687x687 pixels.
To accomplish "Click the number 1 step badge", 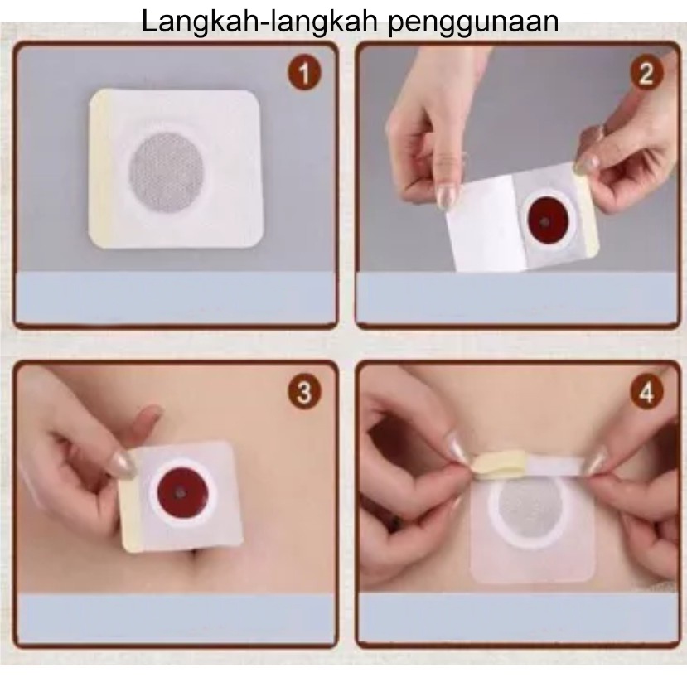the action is click(x=304, y=73).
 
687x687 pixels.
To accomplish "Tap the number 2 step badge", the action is click(x=646, y=73).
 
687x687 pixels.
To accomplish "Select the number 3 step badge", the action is click(x=304, y=392).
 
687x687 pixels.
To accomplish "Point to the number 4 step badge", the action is click(x=646, y=392).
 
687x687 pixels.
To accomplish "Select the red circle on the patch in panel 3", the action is click(x=180, y=493).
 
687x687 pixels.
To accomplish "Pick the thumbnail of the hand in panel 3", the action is click(x=123, y=464).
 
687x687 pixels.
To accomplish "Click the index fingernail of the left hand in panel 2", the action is click(x=447, y=196).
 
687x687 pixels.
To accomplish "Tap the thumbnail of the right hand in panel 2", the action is click(x=587, y=163).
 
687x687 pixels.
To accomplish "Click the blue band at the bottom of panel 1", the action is click(x=175, y=298).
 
